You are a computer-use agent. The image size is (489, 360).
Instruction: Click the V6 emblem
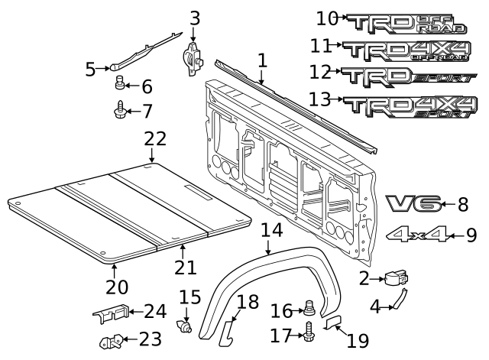413,203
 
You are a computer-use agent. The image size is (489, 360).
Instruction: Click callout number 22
155,140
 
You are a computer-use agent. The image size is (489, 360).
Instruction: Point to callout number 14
270,230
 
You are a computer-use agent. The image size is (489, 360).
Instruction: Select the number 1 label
262,60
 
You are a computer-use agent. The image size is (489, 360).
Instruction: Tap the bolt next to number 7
120,112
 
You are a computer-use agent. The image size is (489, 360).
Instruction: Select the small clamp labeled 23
111,340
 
